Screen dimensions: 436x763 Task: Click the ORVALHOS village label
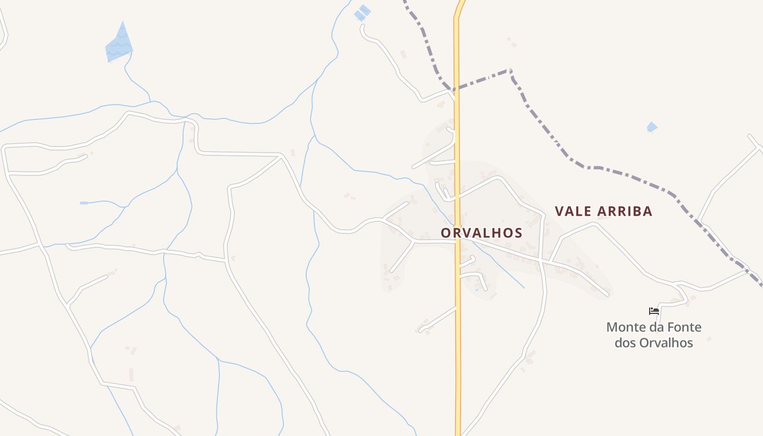click(x=481, y=233)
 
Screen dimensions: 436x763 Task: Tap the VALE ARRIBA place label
click(x=603, y=211)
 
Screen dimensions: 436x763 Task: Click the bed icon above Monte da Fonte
click(x=654, y=311)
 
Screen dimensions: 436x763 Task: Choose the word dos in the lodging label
click(x=626, y=343)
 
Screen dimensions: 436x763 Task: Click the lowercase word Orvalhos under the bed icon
click(x=666, y=343)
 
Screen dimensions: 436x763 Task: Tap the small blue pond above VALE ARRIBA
click(x=652, y=127)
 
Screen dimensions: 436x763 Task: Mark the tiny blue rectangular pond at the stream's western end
click(x=84, y=203)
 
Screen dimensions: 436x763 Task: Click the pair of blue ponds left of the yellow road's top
click(x=362, y=13)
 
